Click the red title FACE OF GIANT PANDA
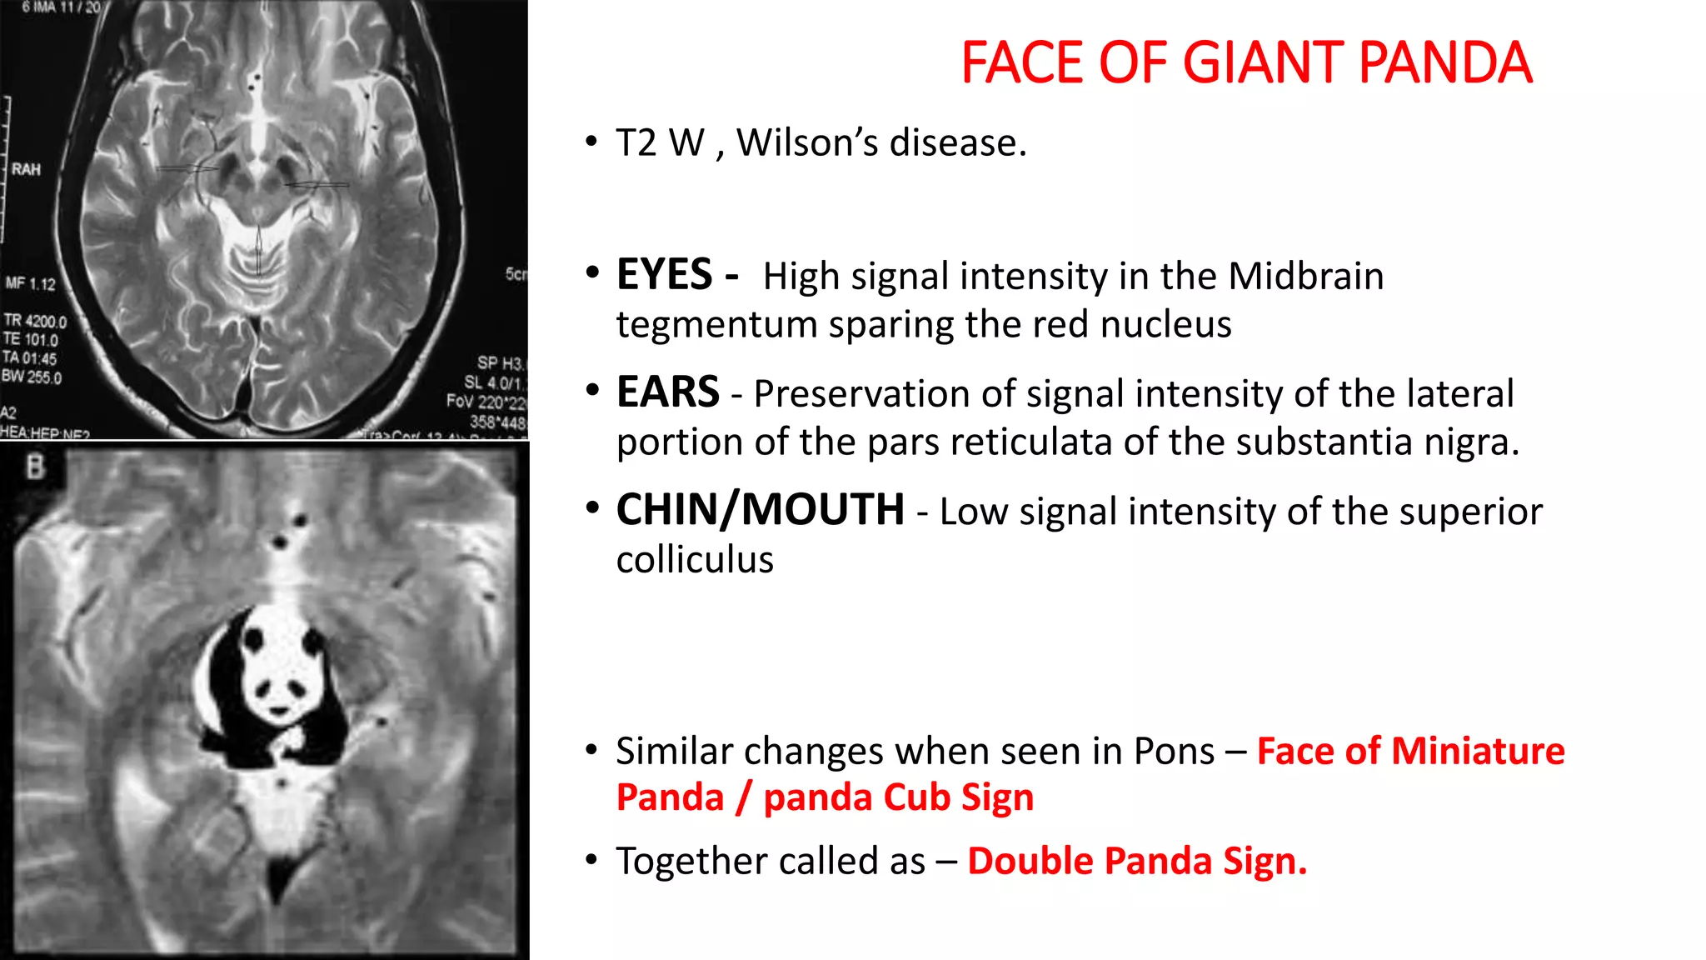(1246, 63)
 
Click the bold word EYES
(665, 275)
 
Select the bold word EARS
(667, 392)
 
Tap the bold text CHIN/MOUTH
(760, 510)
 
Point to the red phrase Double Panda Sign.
(1137, 861)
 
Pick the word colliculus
(695, 559)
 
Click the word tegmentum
(716, 324)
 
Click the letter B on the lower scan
(35, 467)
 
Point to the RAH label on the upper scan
(27, 170)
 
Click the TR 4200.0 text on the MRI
(35, 321)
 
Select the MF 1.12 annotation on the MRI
(31, 284)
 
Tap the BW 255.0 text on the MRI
(32, 377)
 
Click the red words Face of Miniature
(1410, 751)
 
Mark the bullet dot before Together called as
(591, 859)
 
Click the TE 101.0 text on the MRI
(31, 340)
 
